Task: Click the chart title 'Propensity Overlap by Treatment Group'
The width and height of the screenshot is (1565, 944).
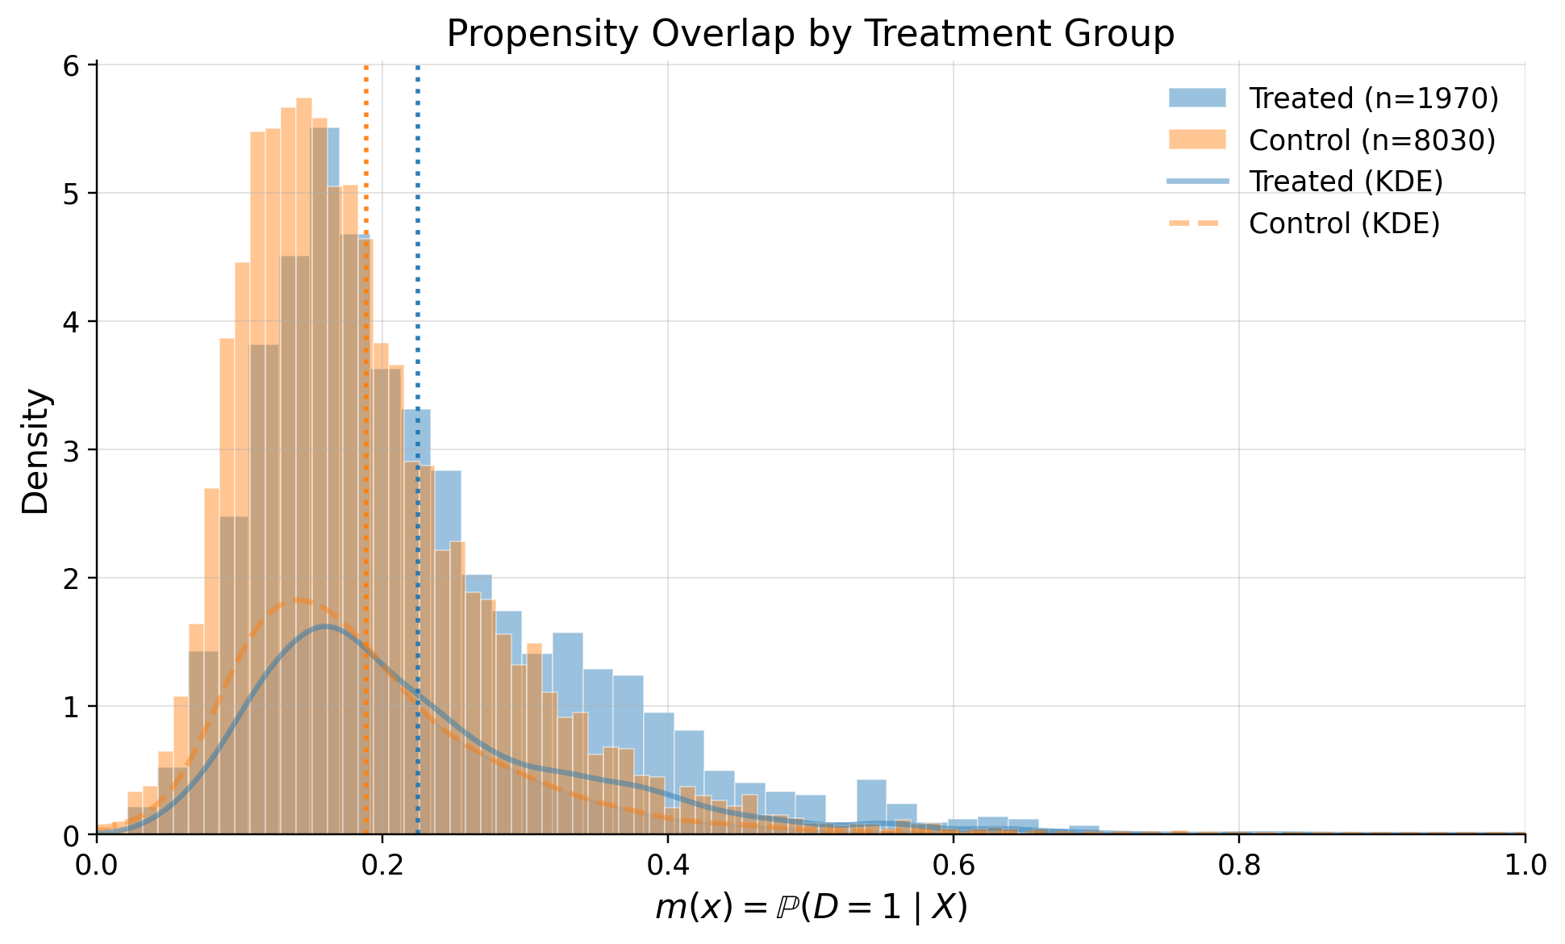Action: point(810,34)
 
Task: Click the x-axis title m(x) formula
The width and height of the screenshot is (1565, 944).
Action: point(810,908)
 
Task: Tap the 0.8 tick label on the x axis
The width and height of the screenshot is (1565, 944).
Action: point(1238,866)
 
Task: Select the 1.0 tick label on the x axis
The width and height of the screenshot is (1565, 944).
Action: point(1524,866)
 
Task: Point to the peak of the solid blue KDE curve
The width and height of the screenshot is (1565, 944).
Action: point(325,626)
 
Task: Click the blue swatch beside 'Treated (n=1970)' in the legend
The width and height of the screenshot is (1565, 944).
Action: point(1197,98)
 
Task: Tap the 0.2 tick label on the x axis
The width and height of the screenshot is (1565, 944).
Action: point(382,866)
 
